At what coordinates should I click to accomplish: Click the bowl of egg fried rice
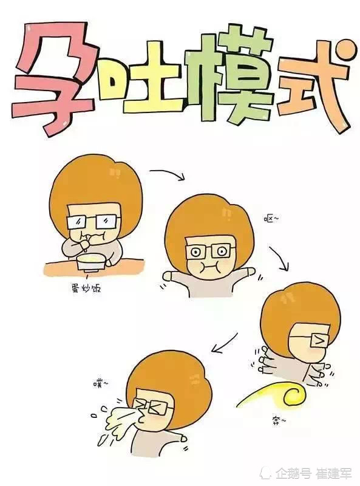point(92,262)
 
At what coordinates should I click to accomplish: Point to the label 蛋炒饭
point(86,289)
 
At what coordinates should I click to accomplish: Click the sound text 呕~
point(271,219)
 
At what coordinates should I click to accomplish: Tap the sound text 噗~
point(101,385)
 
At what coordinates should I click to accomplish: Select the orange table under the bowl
point(94,268)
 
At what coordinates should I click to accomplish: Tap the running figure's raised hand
point(264,360)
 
